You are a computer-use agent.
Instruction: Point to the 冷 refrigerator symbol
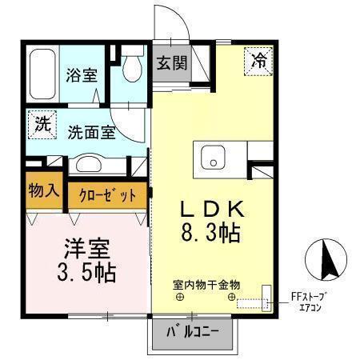coord(261,60)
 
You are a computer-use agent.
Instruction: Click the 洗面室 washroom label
coord(90,130)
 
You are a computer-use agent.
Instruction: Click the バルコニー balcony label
coord(191,331)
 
